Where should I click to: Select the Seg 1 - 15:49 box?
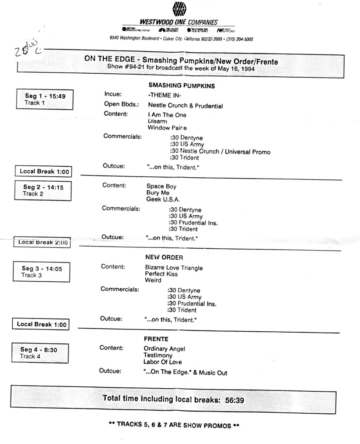(44, 99)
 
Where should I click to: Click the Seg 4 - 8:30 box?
(41, 353)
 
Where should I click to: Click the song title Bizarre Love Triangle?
(174, 268)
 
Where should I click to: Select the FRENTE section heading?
(156, 339)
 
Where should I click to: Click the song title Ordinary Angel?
(164, 349)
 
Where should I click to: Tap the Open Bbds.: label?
(119, 105)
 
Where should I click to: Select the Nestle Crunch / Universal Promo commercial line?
(220, 152)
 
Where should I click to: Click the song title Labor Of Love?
(162, 362)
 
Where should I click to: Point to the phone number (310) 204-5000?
(239, 39)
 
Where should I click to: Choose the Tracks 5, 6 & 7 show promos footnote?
(174, 425)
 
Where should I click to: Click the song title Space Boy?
(161, 186)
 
